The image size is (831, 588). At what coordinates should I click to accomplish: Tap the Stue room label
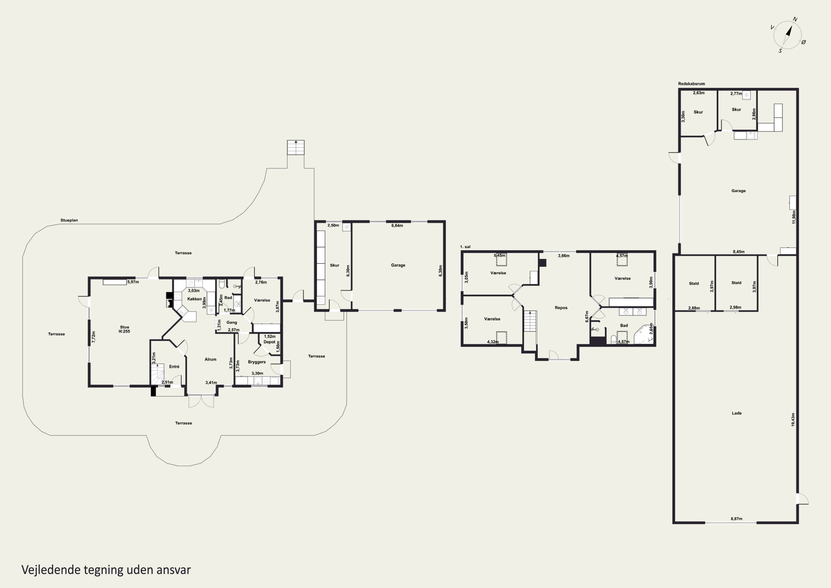(124, 327)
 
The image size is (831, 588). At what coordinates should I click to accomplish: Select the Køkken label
(194, 299)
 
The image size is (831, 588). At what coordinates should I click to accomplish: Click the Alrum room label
(210, 359)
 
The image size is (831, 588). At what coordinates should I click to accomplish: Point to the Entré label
(174, 367)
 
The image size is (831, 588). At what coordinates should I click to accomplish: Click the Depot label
(269, 342)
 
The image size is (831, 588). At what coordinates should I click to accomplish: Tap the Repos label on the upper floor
(561, 308)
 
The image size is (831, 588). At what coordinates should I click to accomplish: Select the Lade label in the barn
(737, 413)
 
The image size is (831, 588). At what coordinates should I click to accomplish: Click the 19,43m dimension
(793, 419)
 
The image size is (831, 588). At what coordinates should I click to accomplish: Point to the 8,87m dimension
(736, 519)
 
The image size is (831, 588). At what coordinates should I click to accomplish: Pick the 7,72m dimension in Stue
(94, 337)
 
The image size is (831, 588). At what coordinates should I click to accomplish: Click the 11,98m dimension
(794, 217)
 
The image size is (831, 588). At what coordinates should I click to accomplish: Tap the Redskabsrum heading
(691, 84)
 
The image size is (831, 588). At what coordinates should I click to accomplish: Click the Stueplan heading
(69, 220)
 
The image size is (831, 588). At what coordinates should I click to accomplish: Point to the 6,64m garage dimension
(397, 225)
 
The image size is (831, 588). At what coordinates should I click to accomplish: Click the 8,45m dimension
(739, 252)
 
